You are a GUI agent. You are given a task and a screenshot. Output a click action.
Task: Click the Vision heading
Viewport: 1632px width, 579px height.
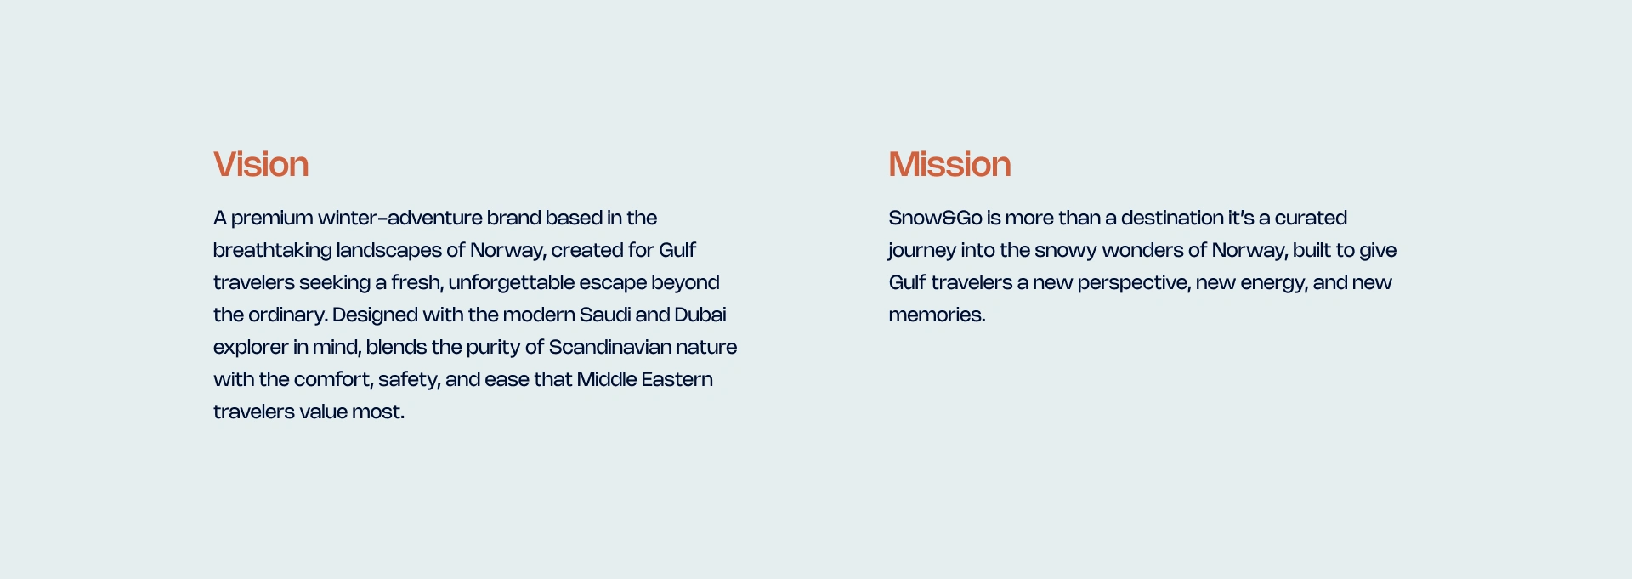tap(261, 164)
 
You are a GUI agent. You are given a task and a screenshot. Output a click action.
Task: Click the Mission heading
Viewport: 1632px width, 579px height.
tap(949, 164)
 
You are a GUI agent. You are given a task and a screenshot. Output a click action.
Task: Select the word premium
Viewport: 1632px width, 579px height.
tap(272, 219)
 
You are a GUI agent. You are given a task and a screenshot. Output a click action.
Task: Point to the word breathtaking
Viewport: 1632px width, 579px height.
tap(272, 251)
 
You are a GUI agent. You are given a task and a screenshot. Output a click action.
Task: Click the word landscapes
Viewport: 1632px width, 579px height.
tap(388, 251)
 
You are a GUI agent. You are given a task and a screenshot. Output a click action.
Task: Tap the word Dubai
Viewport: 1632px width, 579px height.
tap(700, 315)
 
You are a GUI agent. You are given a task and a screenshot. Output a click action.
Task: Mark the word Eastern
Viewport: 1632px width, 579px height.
tap(677, 379)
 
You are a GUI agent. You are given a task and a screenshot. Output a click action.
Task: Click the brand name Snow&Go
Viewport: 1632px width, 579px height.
tap(935, 218)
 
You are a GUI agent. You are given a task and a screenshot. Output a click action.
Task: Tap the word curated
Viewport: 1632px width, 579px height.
tap(1311, 218)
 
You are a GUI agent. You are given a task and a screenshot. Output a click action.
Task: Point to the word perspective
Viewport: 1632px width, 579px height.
tap(1134, 283)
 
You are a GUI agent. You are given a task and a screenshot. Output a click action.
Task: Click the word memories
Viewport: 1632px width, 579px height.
tap(937, 315)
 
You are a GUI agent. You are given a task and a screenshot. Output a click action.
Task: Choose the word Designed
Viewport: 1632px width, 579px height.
tap(375, 315)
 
